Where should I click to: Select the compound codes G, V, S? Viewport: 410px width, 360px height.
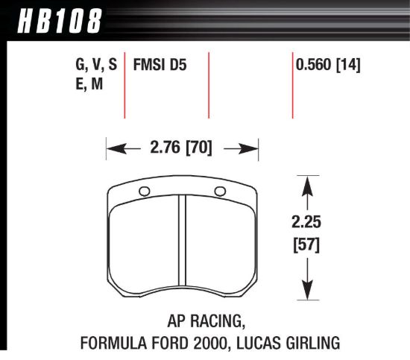96,66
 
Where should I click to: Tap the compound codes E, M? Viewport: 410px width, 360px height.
89,86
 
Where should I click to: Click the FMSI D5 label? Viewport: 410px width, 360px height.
159,66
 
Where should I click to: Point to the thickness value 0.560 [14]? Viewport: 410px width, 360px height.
329,66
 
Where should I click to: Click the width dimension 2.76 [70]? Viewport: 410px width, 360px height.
182,148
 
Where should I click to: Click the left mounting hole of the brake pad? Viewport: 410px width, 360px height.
144,194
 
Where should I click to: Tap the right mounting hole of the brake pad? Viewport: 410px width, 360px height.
219,194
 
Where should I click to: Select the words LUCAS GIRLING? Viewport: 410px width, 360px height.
293,343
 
